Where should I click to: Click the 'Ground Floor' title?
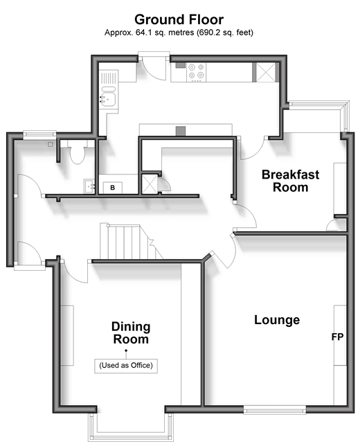[179, 19]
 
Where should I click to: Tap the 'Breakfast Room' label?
[290, 181]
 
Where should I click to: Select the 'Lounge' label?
[277, 320]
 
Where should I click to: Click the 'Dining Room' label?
[131, 333]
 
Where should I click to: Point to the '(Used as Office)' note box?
[126, 366]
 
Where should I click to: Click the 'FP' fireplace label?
[338, 337]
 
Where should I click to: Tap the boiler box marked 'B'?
[113, 188]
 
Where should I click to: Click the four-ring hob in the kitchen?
[197, 72]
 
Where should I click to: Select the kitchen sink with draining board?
[109, 89]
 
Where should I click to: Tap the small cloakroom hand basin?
[89, 186]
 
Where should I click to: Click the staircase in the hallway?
[128, 242]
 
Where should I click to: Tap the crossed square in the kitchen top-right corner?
[266, 72]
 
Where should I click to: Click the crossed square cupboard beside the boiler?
[150, 184]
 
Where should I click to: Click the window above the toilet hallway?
[39, 134]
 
